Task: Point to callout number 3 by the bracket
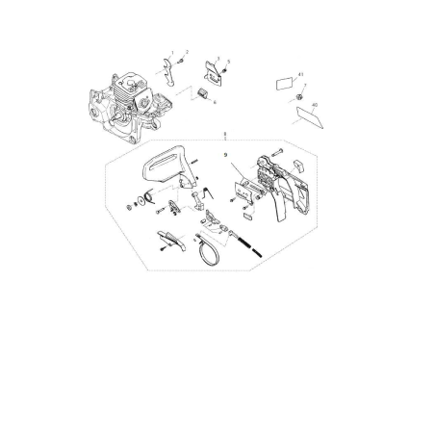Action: click(217, 59)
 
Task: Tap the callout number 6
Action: click(215, 101)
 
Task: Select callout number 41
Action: click(301, 74)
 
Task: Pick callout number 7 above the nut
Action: click(305, 87)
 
